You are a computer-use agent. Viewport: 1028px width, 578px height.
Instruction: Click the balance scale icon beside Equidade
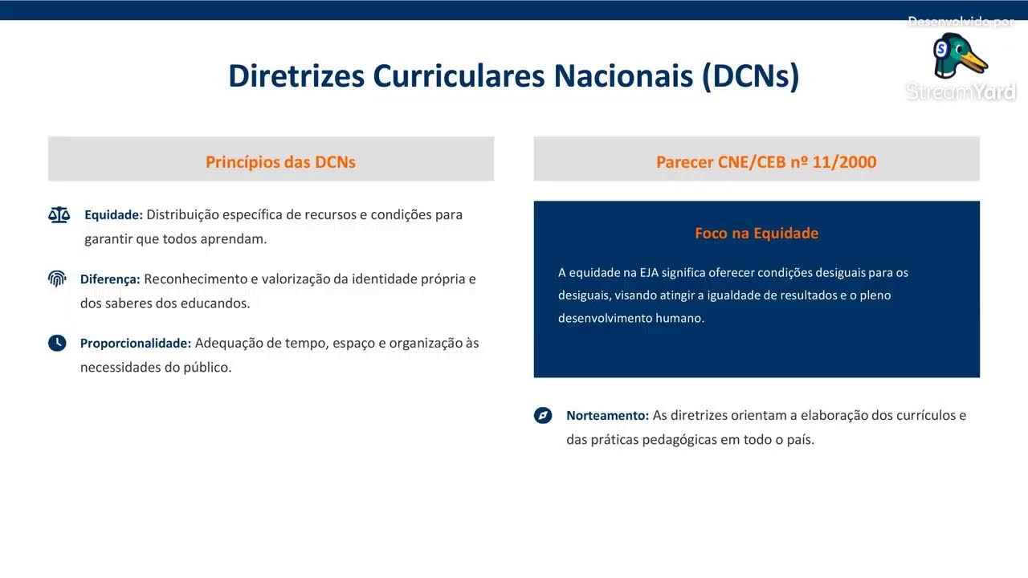(59, 214)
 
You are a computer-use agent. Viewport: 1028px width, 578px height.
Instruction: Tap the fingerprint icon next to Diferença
(57, 279)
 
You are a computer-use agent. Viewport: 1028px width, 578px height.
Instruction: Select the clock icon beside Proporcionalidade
(57, 343)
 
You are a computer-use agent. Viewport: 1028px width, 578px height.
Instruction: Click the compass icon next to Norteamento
(543, 415)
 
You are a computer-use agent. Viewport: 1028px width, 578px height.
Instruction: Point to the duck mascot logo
(960, 55)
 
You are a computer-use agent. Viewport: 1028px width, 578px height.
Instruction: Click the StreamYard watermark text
(961, 92)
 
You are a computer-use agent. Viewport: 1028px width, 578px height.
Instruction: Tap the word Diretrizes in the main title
(296, 75)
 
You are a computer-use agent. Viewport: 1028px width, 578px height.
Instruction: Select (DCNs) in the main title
(751, 76)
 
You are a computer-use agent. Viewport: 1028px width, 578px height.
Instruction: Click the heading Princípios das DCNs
(280, 162)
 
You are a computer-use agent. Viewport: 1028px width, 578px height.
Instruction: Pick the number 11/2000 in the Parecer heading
(844, 162)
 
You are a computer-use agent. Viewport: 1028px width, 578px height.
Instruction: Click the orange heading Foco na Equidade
(757, 233)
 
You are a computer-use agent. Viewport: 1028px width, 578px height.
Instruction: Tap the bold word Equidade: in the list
(113, 214)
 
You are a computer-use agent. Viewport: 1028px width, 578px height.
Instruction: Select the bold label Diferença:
(110, 279)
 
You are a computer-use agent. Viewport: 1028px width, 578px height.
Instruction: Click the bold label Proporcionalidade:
(136, 343)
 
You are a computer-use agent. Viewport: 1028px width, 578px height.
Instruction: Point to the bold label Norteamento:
(607, 415)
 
